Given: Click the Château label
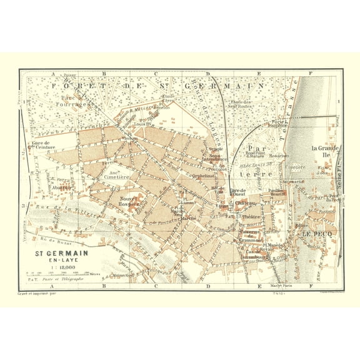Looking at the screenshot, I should click(x=245, y=203).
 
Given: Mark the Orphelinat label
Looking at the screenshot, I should click(x=204, y=176).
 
